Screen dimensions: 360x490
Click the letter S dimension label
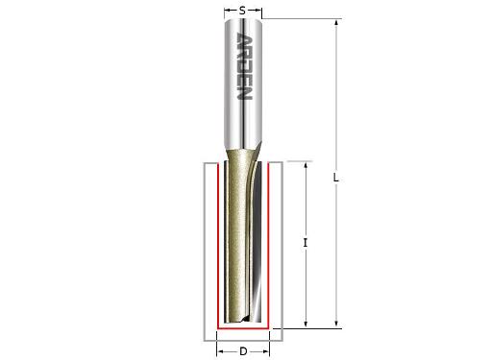click(x=243, y=10)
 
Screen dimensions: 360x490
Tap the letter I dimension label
click(x=305, y=244)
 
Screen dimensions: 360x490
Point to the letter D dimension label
click(x=243, y=351)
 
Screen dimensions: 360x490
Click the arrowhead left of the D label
click(x=220, y=351)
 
